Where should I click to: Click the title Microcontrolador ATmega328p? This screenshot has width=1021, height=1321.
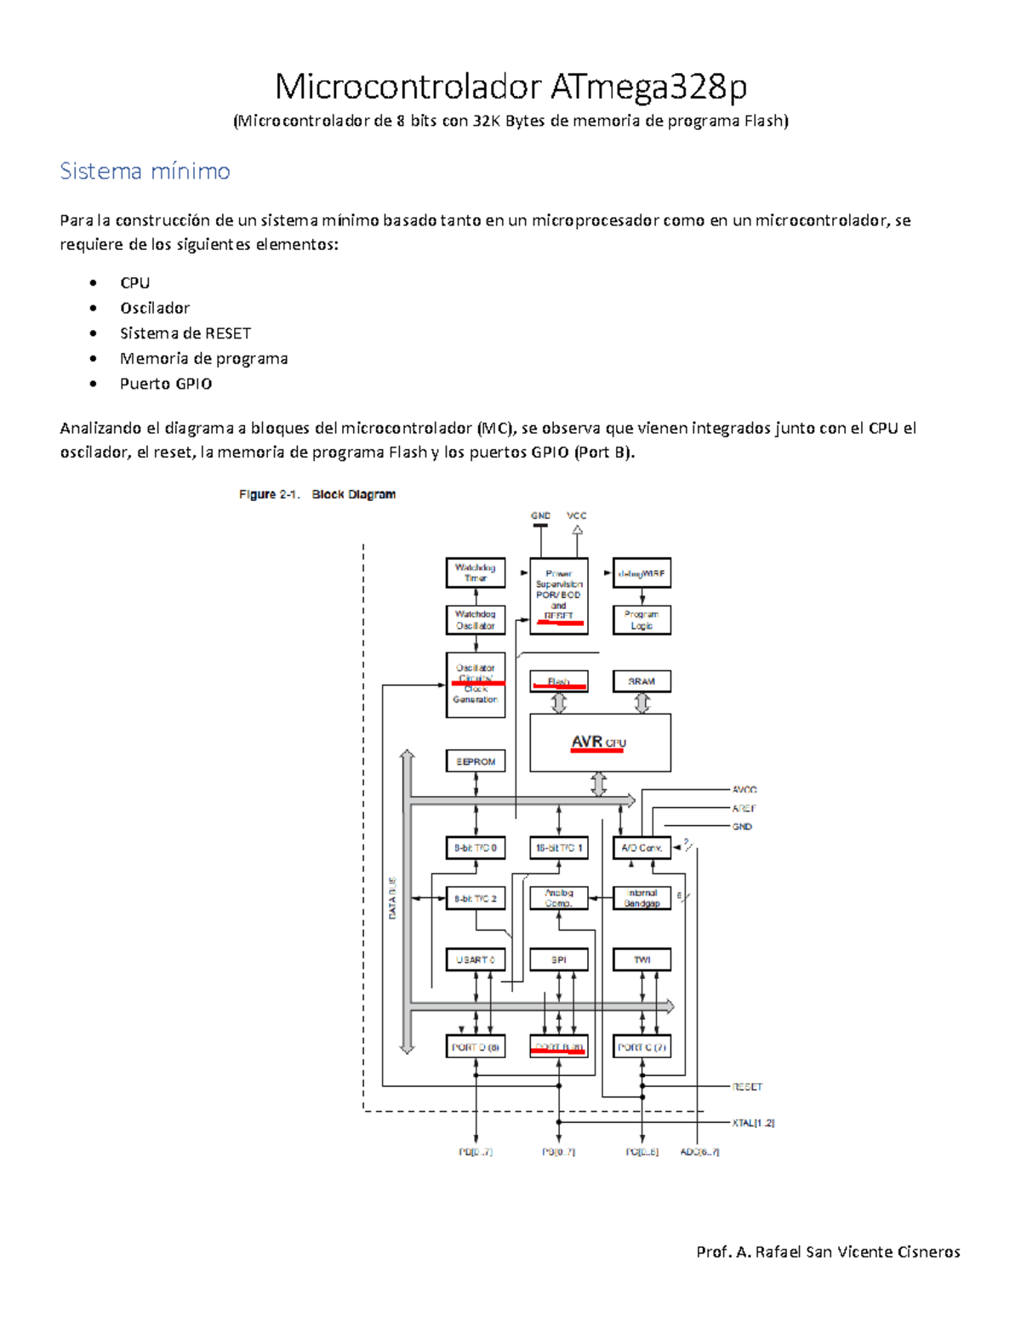(510, 87)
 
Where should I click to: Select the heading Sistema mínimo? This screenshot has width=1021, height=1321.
(145, 171)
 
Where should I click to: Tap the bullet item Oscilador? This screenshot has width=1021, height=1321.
(154, 308)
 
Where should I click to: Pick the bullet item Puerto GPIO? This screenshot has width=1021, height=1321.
(165, 384)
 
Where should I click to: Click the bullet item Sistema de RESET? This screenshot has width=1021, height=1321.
(185, 333)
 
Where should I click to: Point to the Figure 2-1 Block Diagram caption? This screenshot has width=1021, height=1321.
(317, 494)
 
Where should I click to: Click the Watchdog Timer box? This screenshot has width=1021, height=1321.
(475, 572)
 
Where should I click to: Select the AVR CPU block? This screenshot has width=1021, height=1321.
(600, 743)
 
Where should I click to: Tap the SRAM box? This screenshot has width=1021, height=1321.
(642, 681)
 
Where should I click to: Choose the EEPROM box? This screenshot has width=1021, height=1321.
(475, 761)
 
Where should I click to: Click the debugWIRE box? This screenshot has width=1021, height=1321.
(642, 573)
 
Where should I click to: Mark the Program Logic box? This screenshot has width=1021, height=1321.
(642, 619)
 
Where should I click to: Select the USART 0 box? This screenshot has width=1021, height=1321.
(475, 959)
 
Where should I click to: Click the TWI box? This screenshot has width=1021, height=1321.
(642, 959)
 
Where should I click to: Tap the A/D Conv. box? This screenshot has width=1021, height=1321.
(642, 848)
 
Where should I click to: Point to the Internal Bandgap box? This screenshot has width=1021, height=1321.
(642, 898)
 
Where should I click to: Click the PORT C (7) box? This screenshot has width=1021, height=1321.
(642, 1047)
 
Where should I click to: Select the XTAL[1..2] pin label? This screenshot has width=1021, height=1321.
(753, 1123)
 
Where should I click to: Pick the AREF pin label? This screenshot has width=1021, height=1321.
(744, 808)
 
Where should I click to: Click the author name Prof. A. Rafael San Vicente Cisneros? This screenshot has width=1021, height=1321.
(828, 1251)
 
